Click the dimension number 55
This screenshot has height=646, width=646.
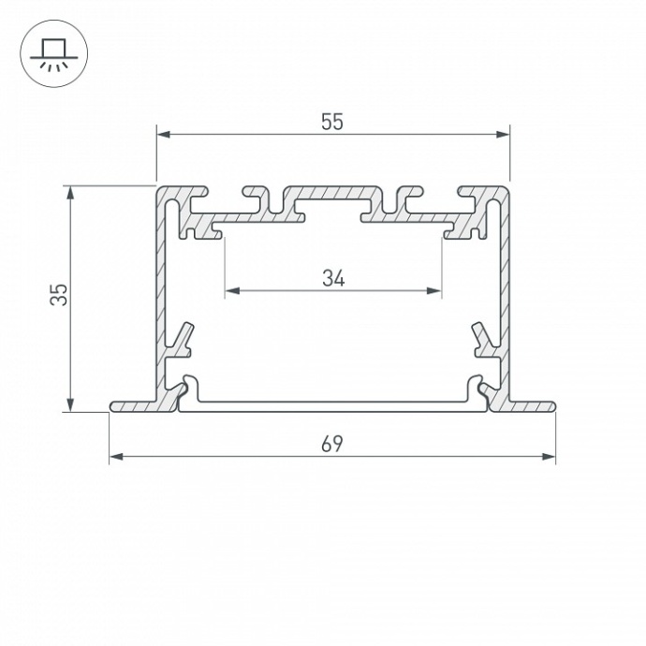pos(332,121)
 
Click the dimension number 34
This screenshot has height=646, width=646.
pos(332,278)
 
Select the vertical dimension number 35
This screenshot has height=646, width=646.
pos(58,295)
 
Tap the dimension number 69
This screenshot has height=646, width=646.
pos(332,444)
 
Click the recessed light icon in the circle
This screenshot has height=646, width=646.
pos(53,53)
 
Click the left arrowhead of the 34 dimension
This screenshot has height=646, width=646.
pos(231,291)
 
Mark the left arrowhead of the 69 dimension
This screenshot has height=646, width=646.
pos(116,457)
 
